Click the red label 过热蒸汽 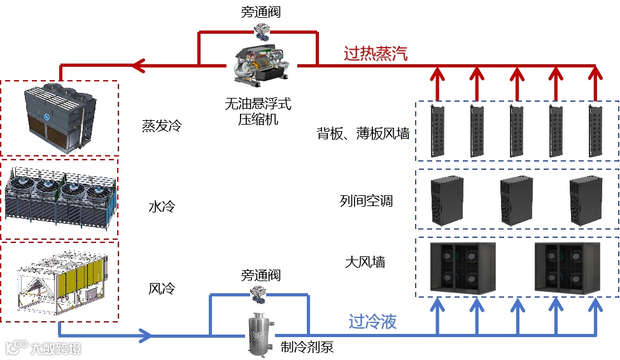(375, 53)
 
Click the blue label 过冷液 (372, 322)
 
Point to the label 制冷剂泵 (307, 347)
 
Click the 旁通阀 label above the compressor (261, 13)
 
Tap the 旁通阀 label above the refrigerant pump (260, 276)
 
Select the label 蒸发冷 (162, 126)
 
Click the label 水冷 (162, 207)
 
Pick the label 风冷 (162, 289)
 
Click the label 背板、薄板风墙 (363, 134)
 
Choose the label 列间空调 (367, 202)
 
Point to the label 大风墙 (365, 261)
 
